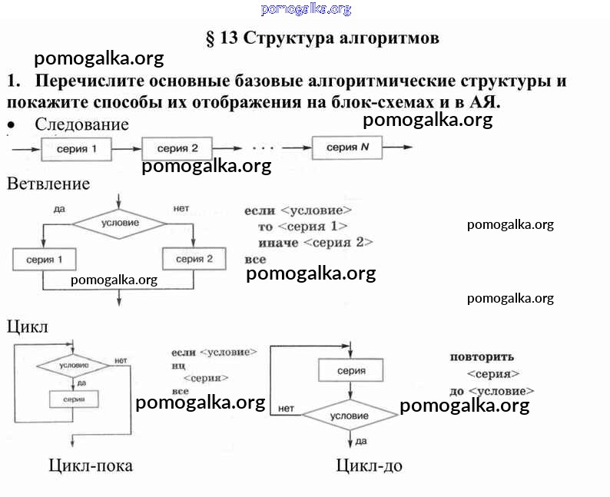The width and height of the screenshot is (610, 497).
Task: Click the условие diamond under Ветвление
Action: (x=120, y=224)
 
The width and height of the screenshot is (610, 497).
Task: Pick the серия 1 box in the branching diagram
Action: (x=45, y=260)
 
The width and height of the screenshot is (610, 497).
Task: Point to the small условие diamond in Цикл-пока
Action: (x=74, y=366)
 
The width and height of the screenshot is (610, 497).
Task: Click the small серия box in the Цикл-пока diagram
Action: (x=74, y=399)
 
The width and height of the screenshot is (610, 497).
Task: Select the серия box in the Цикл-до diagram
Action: (x=351, y=371)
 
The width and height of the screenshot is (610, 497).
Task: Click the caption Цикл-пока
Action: (x=90, y=466)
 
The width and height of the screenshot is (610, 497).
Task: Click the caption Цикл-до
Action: (x=369, y=466)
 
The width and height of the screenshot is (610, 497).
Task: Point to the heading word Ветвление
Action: (x=48, y=184)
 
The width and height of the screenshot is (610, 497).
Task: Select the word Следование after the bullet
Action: (x=81, y=124)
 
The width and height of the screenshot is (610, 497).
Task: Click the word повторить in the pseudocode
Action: (x=482, y=357)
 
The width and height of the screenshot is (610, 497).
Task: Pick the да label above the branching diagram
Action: (x=58, y=208)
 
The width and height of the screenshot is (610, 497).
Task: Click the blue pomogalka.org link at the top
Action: (x=306, y=9)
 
